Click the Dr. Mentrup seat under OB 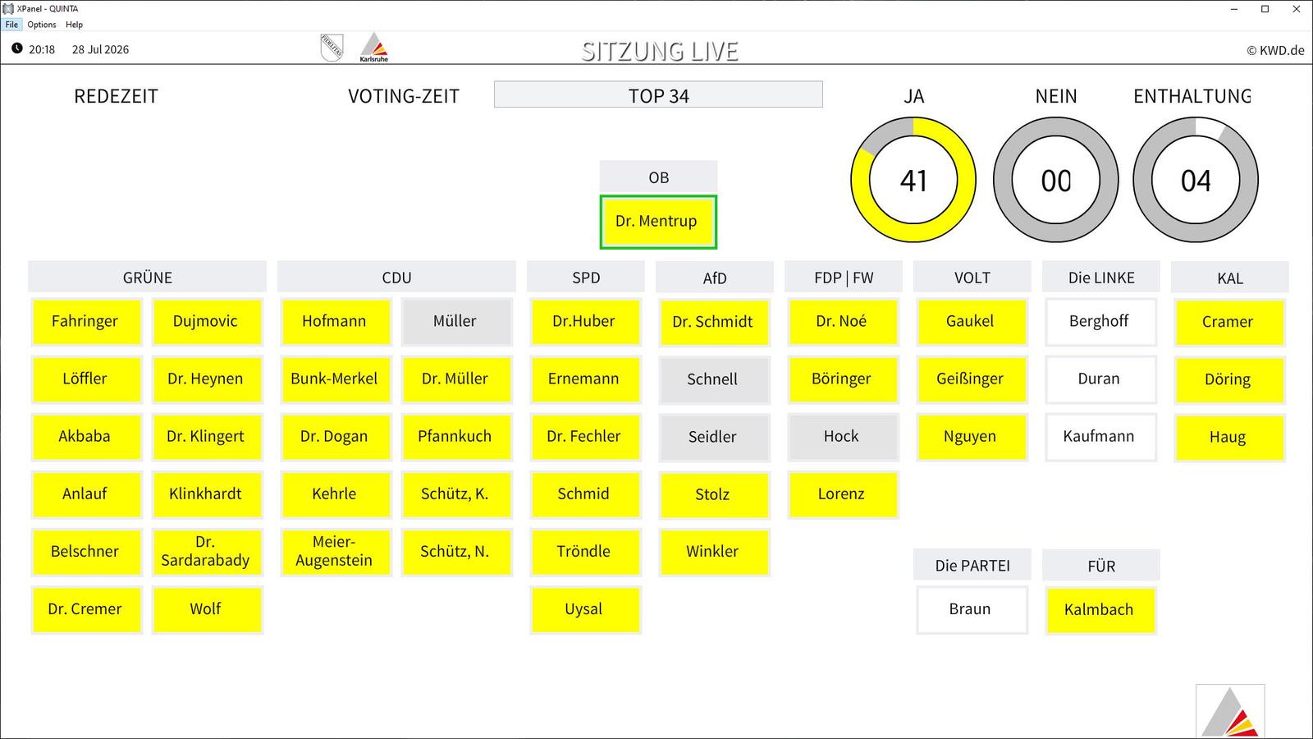pos(657,222)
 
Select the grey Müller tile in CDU pos(456,321)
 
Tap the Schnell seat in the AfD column pos(714,379)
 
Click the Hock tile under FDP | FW pos(843,437)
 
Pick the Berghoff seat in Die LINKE pos(1100,321)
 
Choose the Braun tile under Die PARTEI pos(972,609)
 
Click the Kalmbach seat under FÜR pos(1100,609)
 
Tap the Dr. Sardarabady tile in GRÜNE pos(207,552)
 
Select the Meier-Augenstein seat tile pos(336,552)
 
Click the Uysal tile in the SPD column pos(585,609)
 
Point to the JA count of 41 pos(913,181)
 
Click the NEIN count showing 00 pos(1055,181)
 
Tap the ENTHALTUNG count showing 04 pos(1195,181)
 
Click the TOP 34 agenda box pos(658,94)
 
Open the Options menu pos(42,25)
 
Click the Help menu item pos(74,25)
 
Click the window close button pos(1296,9)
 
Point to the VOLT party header pos(972,278)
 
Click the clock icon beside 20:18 pos(17,48)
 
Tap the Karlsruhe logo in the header pos(374,47)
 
